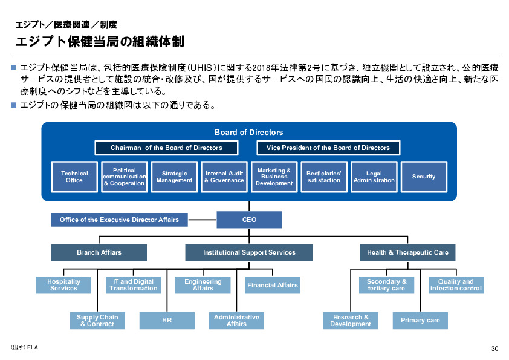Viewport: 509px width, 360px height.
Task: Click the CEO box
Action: coord(249,220)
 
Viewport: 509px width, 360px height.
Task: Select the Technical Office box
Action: coord(74,177)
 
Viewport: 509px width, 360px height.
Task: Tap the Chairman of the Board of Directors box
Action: coord(166,148)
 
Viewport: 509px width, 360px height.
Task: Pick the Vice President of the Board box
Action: coord(328,148)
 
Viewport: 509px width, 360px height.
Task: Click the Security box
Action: coord(424,177)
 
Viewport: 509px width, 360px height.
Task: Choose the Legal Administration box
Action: coord(374,177)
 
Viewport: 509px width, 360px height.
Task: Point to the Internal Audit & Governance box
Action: coord(224,177)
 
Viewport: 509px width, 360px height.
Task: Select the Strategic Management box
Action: coord(174,177)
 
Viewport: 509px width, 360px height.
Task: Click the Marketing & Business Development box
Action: coord(274,177)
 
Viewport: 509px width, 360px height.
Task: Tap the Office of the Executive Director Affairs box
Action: coord(119,220)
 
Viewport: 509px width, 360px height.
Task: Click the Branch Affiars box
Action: coord(99,252)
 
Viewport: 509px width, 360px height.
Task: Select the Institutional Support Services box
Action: coord(249,252)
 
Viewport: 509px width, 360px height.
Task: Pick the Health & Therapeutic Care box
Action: coord(407,252)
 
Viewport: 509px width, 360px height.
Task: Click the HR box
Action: coord(167,321)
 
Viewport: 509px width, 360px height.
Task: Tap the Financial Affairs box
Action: coord(272,285)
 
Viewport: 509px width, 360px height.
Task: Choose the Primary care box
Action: coord(420,321)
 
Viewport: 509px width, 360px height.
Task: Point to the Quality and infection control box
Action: coord(456,285)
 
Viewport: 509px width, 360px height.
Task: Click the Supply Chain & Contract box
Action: coord(97,321)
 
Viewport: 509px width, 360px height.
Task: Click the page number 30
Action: coord(494,349)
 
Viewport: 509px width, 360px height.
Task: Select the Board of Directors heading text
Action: coord(248,133)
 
